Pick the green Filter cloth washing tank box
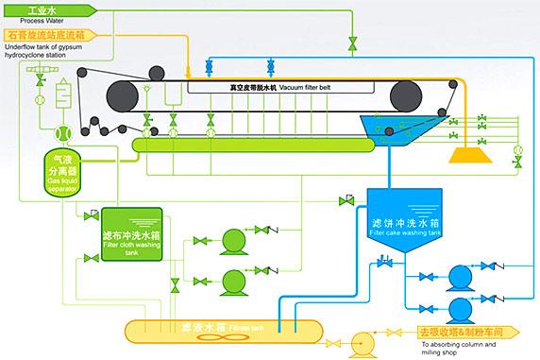coord(127,232)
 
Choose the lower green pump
coord(231,281)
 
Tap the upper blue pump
coord(462,276)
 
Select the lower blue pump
coord(462,309)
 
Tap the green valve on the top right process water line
coord(352,43)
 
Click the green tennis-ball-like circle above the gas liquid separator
coord(64,134)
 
